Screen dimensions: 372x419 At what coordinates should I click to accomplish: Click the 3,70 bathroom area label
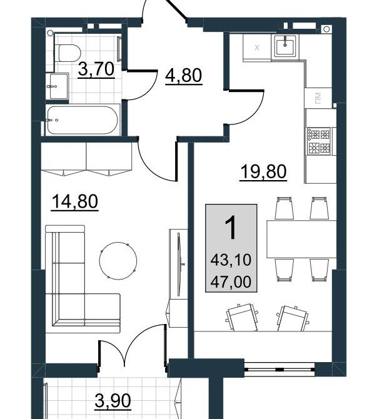tap(96, 69)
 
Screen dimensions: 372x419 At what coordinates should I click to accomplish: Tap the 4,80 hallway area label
tap(183, 76)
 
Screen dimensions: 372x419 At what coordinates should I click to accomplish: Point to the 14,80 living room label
tap(75, 201)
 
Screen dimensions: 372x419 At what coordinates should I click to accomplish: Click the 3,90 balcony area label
tap(113, 401)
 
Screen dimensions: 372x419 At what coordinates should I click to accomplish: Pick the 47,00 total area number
tap(231, 281)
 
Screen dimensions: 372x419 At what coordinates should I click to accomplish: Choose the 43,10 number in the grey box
tap(231, 260)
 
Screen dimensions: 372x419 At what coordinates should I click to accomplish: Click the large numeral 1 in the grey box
tap(231, 227)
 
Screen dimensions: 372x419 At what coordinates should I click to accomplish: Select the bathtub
tap(83, 120)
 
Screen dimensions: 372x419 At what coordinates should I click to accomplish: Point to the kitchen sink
tap(286, 46)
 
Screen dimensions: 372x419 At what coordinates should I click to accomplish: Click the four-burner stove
tap(319, 141)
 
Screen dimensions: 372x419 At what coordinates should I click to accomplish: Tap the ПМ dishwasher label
tap(318, 98)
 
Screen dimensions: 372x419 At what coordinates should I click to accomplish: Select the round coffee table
tap(118, 261)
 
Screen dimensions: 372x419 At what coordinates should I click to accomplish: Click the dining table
tap(301, 239)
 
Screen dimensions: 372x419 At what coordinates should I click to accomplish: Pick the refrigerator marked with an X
tap(257, 48)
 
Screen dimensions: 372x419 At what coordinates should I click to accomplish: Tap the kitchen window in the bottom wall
tap(279, 370)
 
